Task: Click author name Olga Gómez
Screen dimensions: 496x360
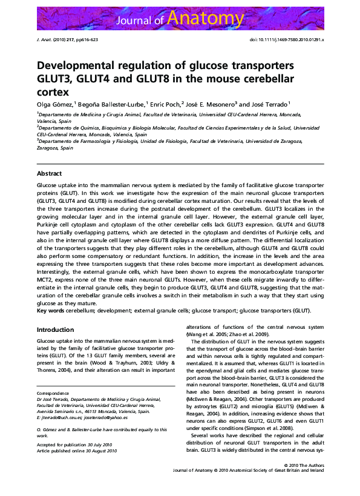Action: click(54, 104)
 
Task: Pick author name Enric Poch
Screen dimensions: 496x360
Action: click(164, 104)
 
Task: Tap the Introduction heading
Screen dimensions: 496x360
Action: click(56, 329)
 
